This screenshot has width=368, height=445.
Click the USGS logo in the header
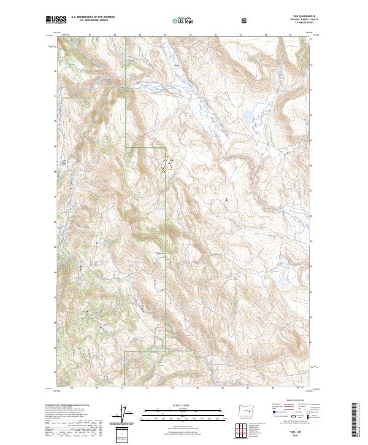pos(56,20)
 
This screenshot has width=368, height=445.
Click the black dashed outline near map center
pos(167,163)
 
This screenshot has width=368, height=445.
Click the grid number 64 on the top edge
pos(166,35)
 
